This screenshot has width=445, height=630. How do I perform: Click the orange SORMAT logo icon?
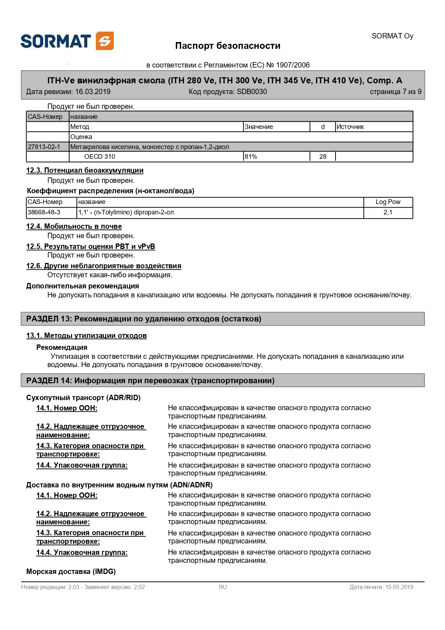click(105, 41)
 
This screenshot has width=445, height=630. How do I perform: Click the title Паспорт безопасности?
click(228, 46)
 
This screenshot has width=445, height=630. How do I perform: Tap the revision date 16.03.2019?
click(93, 92)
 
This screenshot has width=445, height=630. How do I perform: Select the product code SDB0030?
click(252, 92)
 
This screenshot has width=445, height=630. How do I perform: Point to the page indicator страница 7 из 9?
click(395, 92)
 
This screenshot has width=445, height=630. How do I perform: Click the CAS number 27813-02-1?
click(44, 147)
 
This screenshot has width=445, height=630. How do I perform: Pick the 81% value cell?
click(251, 157)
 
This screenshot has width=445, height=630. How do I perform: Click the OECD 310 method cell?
click(100, 157)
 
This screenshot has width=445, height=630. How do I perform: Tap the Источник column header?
click(350, 127)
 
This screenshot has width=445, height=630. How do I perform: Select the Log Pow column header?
click(388, 202)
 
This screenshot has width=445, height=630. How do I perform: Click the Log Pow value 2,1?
click(388, 212)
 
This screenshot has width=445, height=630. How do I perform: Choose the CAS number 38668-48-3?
click(44, 212)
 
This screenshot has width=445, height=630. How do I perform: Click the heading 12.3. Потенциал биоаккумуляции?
click(85, 171)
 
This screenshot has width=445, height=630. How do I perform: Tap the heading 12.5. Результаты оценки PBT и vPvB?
click(90, 247)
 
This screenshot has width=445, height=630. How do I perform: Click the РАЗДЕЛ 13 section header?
click(144, 319)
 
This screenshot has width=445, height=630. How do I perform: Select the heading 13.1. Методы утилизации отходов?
click(86, 336)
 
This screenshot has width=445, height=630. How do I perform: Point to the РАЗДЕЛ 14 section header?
click(150, 381)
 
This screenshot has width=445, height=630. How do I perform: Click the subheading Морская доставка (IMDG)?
click(71, 571)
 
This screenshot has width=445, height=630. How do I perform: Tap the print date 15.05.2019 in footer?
click(399, 587)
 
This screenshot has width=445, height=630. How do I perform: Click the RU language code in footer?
click(223, 587)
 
